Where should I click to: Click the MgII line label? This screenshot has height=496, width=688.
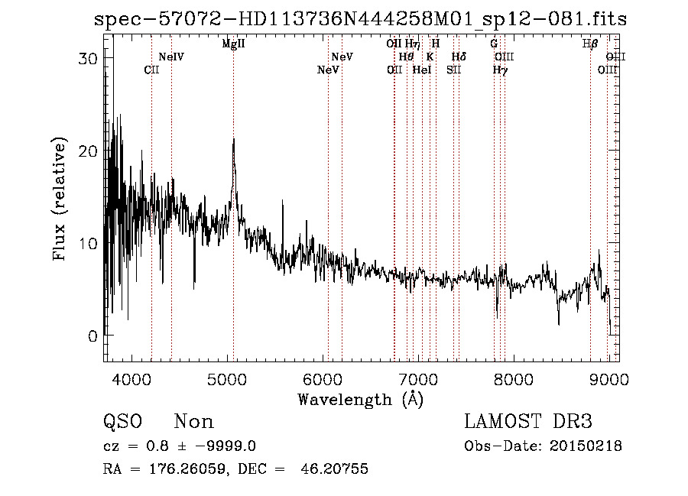[x=233, y=44]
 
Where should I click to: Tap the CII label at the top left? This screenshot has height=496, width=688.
[x=151, y=70]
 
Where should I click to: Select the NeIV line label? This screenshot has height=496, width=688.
[x=171, y=57]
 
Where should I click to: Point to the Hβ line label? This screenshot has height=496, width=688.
[x=590, y=44]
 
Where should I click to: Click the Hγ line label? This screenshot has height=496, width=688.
[x=500, y=70]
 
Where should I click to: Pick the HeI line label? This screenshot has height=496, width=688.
[x=422, y=70]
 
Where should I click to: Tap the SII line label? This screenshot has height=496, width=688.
[x=454, y=70]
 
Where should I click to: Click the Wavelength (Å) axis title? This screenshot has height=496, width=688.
[x=360, y=399]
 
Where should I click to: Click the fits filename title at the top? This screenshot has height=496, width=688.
[x=359, y=19]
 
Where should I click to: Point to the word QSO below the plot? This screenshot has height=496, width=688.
[x=122, y=422]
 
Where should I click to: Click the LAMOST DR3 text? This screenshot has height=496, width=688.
[x=528, y=422]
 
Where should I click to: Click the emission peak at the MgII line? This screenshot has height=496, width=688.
[x=233, y=140]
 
